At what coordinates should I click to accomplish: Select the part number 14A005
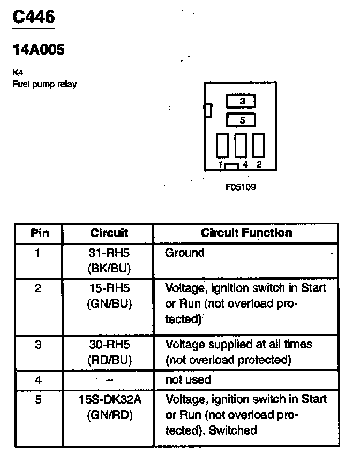tap(38, 50)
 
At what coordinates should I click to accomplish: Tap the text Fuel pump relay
tap(44, 85)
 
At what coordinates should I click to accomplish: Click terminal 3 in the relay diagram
tap(241, 101)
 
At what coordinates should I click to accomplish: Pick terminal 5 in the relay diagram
tap(241, 120)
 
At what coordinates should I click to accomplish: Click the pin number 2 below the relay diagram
tap(259, 164)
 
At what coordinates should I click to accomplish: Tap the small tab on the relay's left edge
tap(208, 110)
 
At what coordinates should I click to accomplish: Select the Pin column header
tap(40, 233)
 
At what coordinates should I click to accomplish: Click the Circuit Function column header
tap(246, 233)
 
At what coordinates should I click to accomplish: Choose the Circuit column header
tap(109, 233)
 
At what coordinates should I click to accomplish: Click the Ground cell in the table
tap(185, 253)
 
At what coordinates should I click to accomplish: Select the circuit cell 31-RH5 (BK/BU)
tap(109, 260)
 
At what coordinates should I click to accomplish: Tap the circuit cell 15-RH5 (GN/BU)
tap(109, 296)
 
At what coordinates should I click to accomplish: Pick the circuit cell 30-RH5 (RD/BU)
tap(109, 352)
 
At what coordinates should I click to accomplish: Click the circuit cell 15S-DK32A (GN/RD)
tap(109, 406)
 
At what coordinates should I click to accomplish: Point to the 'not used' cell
tap(189, 379)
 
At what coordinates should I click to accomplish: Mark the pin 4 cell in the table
tap(38, 379)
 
